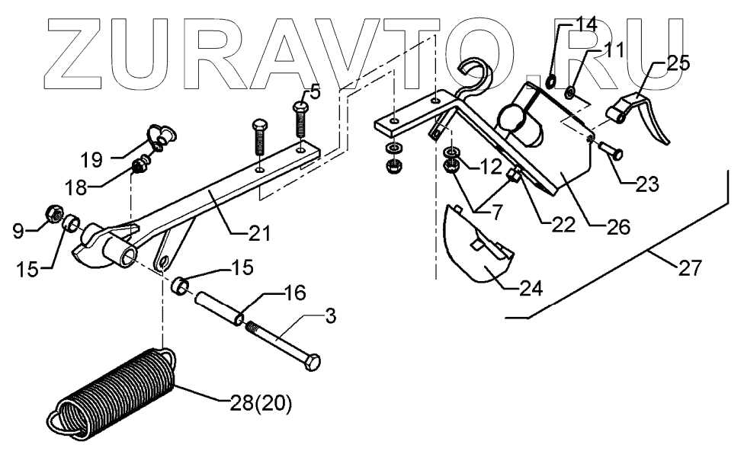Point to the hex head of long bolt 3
click(313, 363)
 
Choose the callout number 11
click(614, 51)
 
